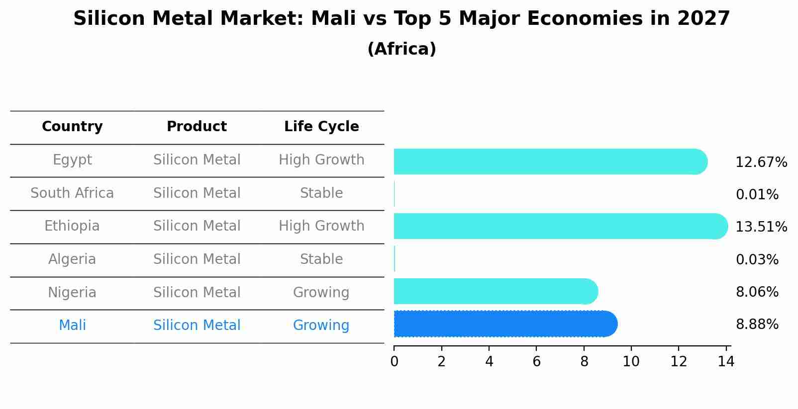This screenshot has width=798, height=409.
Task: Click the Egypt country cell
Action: [x=72, y=160]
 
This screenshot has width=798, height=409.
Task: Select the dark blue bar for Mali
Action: [x=505, y=324]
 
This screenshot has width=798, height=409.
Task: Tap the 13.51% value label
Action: [x=761, y=227]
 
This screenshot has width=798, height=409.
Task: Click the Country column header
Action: [x=72, y=127]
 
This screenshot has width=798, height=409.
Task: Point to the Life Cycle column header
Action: [x=321, y=127]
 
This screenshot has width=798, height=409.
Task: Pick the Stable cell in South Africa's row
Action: [x=321, y=193]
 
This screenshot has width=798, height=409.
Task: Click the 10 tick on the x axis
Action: [x=631, y=362]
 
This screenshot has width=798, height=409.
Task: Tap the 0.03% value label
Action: [x=757, y=259]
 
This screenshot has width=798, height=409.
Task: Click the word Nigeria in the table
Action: [x=72, y=293]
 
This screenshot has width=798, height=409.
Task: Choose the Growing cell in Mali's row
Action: [x=321, y=326]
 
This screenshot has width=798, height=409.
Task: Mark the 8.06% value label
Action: [x=757, y=292]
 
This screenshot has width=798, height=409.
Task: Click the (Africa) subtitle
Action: [x=401, y=49]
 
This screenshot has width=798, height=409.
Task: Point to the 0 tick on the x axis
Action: [x=394, y=362]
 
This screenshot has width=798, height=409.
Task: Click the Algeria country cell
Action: [x=72, y=259]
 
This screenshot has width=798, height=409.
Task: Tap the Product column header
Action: [x=197, y=127]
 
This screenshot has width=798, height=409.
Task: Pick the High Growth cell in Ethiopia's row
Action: [x=321, y=226]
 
